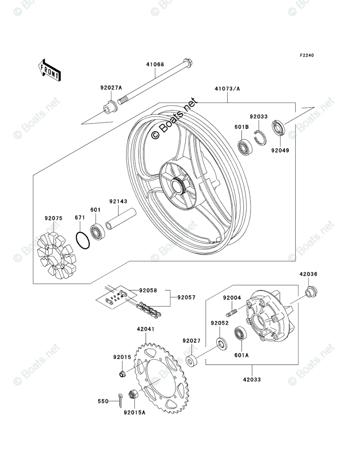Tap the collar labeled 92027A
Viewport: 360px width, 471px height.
pos(108,108)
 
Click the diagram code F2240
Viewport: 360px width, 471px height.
pos(306,56)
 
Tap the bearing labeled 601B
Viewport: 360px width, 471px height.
pos(244,147)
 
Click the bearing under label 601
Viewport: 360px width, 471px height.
pos(97,231)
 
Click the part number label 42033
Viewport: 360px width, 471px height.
pos(252,379)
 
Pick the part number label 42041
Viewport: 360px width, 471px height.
pos(145,329)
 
